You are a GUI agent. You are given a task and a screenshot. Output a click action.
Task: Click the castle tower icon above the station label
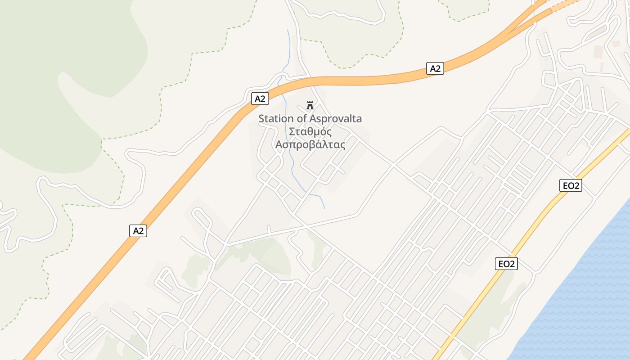point(310,106)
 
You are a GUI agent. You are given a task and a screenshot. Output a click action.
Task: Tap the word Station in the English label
point(276,119)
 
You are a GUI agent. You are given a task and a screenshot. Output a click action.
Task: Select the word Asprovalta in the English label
point(336,119)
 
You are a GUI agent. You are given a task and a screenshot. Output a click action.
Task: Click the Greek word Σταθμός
point(310,132)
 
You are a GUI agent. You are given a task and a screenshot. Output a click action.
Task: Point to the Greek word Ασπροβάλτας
point(310,145)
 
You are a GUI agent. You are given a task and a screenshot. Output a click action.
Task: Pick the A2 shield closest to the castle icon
point(260,99)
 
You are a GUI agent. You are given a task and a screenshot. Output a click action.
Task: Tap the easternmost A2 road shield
point(435,68)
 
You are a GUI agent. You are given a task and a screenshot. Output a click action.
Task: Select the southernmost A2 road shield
point(138,231)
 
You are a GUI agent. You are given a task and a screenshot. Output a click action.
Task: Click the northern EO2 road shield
point(571,185)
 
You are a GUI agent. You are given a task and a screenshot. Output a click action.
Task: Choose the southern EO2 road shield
point(507,264)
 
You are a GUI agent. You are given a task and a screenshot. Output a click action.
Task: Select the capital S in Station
point(261,119)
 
